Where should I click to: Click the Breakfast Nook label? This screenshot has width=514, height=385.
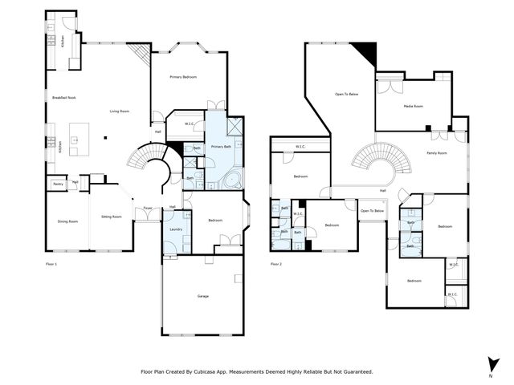(x=63, y=97)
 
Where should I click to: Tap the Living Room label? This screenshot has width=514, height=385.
(x=120, y=111)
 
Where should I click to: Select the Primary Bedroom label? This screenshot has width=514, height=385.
(x=183, y=77)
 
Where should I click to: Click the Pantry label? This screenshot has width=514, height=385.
(x=58, y=184)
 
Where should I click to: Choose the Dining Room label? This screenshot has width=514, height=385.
(x=67, y=221)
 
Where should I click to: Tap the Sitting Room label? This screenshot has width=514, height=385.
(x=111, y=217)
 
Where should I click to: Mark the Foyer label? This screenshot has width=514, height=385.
(x=148, y=209)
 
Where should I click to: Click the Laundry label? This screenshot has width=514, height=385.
(x=176, y=229)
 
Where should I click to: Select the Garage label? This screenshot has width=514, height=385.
(x=202, y=296)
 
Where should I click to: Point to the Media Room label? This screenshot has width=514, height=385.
(x=413, y=105)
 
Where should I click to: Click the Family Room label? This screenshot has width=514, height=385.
(x=436, y=152)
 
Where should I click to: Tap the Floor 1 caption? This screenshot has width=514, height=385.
(x=51, y=263)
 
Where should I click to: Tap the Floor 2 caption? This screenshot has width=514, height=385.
(x=276, y=263)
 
